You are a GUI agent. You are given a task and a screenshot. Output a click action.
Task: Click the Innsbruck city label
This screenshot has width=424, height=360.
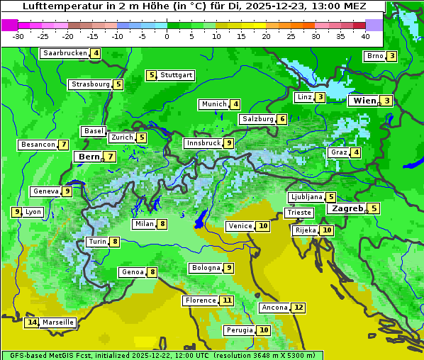pos(202,143)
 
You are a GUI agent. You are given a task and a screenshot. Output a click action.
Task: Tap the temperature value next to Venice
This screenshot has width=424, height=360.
pos(263,226)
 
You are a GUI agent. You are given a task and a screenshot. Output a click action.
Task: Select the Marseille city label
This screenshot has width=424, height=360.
pos(58,322)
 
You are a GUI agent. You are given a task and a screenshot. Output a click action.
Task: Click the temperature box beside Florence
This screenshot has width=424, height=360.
pos(227,300)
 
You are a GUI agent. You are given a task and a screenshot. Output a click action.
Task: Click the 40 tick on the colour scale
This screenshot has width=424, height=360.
pos(364,36)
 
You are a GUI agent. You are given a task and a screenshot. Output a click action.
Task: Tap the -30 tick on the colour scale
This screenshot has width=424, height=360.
pos(18,36)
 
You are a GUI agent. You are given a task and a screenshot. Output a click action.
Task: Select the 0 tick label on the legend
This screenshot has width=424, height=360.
pos(167,36)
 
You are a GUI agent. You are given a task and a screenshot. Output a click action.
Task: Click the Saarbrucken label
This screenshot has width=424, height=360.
pos(65,53)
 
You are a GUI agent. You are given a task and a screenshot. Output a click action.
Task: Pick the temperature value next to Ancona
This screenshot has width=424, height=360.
pos(299,308)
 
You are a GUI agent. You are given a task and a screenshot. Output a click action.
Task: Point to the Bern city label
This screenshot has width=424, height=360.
pos(89,157)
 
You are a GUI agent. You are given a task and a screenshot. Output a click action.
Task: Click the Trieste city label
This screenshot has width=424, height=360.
pos(299,213)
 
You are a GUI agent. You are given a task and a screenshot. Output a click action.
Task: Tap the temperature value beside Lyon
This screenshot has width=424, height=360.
pos(16,212)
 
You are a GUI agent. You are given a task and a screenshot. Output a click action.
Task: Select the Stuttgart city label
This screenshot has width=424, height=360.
pos(176,75)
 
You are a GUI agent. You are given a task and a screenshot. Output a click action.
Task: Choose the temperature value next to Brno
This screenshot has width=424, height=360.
pos(391,57)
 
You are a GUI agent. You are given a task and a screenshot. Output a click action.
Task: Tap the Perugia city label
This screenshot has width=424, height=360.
pos(238,330)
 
